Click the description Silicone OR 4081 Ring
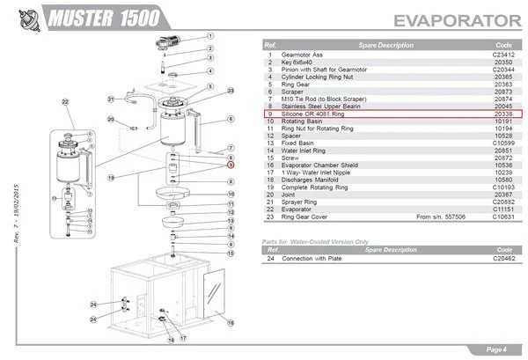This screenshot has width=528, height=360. [x=313, y=114]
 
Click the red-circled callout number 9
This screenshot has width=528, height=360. [x=231, y=164]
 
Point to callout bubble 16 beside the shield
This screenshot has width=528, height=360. [x=231, y=323]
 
